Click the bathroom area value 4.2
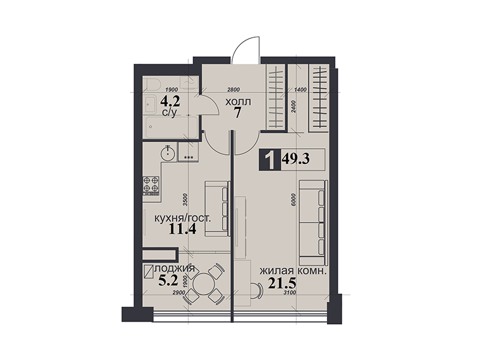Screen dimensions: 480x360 (x=170, y=101)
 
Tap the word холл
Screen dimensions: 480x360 (x=238, y=101)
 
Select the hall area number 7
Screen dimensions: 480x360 (x=238, y=113)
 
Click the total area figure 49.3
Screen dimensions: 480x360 (x=296, y=159)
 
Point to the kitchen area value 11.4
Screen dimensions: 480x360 (x=182, y=229)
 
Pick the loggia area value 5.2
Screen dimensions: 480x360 (x=168, y=280)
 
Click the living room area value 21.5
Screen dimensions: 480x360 (x=282, y=283)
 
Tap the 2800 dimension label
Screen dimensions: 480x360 (x=233, y=89)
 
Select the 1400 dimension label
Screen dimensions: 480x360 (x=300, y=89)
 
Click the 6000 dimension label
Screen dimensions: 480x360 (x=294, y=200)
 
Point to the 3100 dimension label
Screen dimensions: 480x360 (x=290, y=293)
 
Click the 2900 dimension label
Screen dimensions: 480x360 (x=179, y=293)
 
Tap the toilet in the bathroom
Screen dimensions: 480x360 (x=152, y=83)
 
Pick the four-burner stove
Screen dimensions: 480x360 (x=151, y=185)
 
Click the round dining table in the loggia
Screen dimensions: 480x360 (x=203, y=283)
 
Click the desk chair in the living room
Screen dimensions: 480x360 (x=257, y=290)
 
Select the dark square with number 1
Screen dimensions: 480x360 (x=269, y=160)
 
